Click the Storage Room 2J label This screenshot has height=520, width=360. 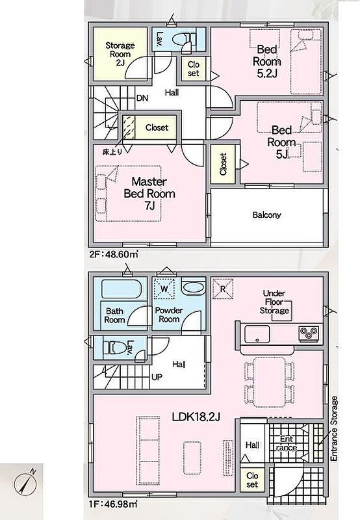point(120,54)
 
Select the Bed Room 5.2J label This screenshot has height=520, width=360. point(267,61)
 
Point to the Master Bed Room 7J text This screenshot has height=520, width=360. point(149,193)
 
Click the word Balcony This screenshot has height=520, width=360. point(266,215)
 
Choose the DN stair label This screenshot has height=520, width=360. point(142,98)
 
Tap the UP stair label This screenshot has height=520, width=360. point(157,377)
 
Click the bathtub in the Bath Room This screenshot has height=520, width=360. point(120,289)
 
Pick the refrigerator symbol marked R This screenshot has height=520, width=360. point(223,289)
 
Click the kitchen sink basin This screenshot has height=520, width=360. point(257,334)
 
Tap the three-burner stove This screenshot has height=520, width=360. point(309,333)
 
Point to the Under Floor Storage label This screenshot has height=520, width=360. point(274,302)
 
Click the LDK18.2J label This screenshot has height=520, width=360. point(196,417)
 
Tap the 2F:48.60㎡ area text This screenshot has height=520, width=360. point(114,255)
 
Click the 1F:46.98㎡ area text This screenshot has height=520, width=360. point(113,504)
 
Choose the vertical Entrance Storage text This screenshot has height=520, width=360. point(334,428)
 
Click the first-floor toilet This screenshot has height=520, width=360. point(114,348)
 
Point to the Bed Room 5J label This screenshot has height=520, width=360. point(281,142)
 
